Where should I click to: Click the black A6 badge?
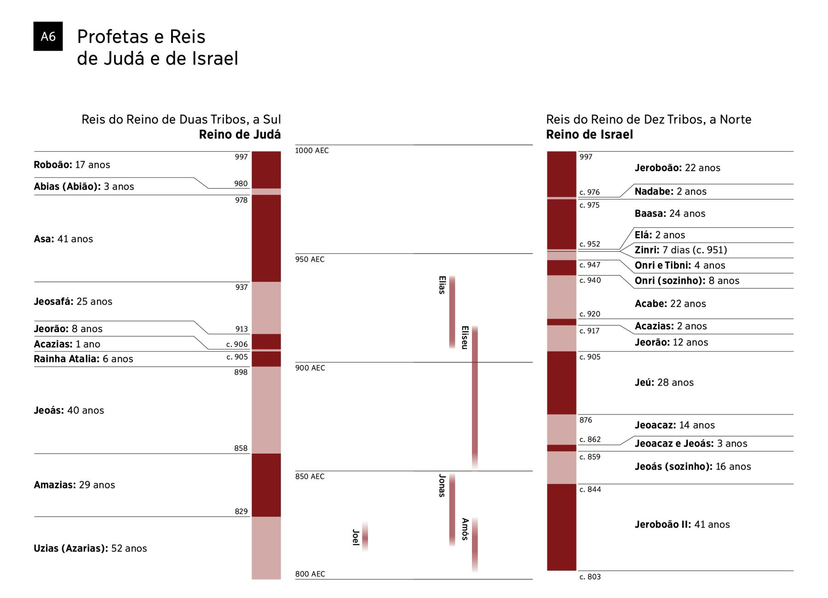click(x=48, y=36)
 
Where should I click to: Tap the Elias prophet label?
click(x=442, y=285)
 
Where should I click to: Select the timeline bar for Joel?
click(x=365, y=537)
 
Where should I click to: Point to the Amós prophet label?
click(x=465, y=529)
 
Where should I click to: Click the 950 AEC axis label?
click(x=310, y=259)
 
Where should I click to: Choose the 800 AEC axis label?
click(x=310, y=574)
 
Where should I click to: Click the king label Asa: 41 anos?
click(x=63, y=239)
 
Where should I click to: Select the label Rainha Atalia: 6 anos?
click(x=83, y=359)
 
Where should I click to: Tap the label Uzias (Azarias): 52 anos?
click(x=90, y=548)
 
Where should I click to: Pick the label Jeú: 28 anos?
click(x=664, y=382)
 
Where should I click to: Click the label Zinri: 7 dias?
click(x=680, y=250)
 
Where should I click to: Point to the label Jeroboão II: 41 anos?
click(x=682, y=524)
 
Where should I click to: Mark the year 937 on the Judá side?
click(x=241, y=287)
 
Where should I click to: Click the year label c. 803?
click(x=590, y=577)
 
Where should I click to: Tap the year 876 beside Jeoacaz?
click(x=586, y=420)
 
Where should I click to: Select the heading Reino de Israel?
click(x=589, y=134)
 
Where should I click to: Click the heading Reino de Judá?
click(x=240, y=134)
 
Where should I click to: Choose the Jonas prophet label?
click(x=442, y=486)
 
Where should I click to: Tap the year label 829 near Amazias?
click(x=241, y=511)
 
